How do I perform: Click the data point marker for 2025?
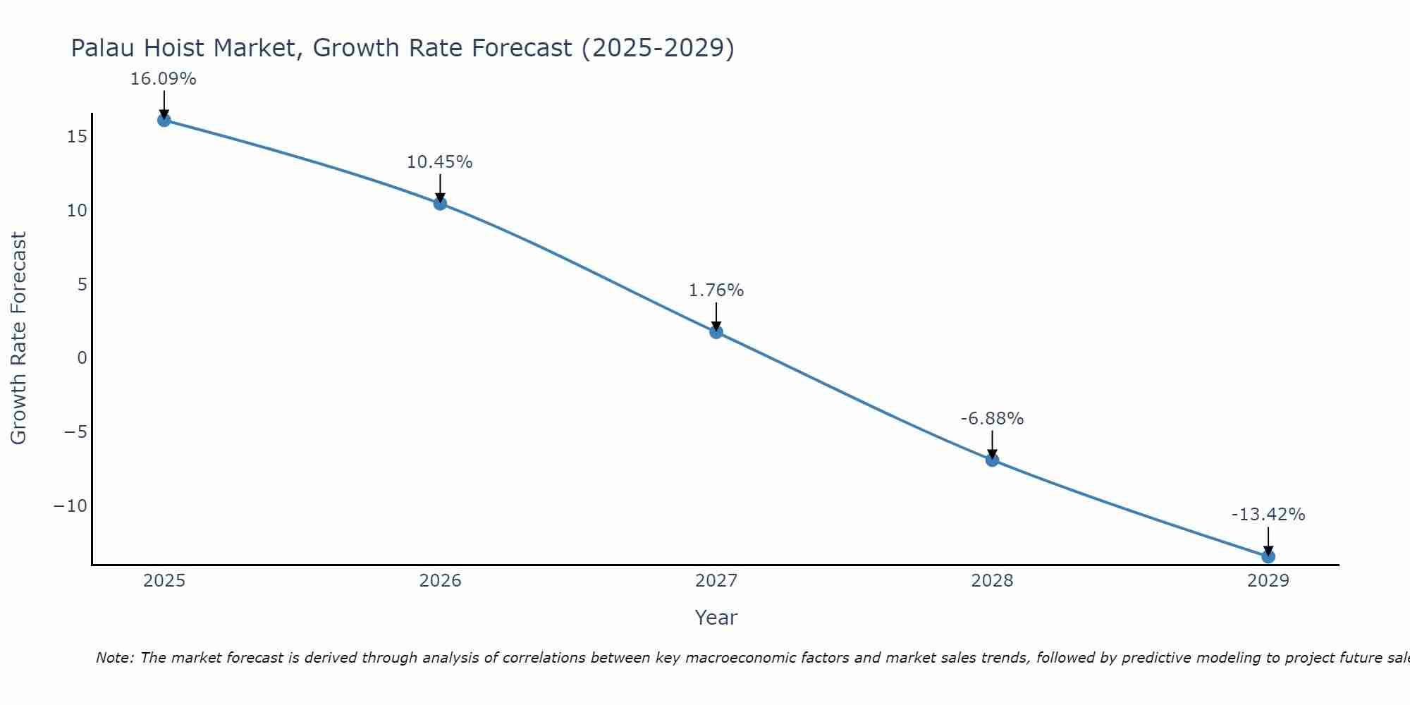[x=164, y=120]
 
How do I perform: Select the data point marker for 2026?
[x=440, y=204]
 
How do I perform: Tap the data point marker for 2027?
[x=716, y=332]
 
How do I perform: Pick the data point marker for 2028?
[x=992, y=460]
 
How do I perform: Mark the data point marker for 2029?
[x=1268, y=556]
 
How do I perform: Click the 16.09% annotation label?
[x=164, y=79]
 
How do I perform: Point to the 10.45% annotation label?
[x=440, y=162]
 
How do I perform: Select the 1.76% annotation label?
[x=716, y=290]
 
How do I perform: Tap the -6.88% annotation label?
[x=992, y=419]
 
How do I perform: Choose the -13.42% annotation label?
[x=1268, y=515]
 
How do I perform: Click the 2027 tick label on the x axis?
[x=716, y=581]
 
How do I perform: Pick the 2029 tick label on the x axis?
[x=1268, y=581]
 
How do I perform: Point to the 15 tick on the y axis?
[x=78, y=137]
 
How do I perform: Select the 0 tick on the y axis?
[x=82, y=358]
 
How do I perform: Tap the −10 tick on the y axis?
[x=70, y=506]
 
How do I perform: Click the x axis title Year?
[x=716, y=618]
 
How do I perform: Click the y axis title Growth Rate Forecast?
[x=19, y=338]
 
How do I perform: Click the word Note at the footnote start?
[x=114, y=658]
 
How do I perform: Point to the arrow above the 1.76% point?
[x=716, y=317]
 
